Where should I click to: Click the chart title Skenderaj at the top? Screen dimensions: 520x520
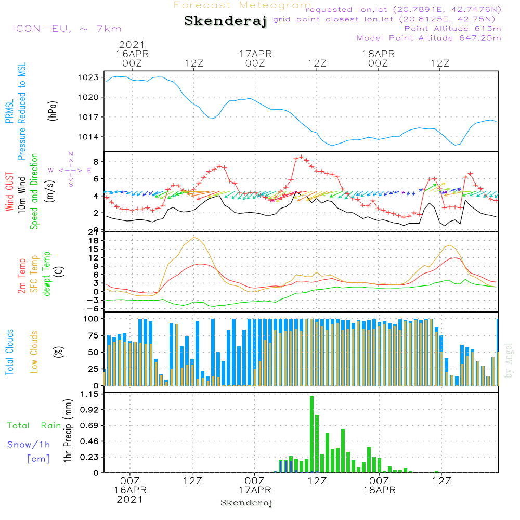(x=225, y=21)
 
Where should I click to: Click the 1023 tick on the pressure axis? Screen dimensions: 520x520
(x=88, y=77)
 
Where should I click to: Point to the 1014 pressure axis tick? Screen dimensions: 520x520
(x=88, y=137)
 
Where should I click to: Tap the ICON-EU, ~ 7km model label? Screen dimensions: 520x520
(x=67, y=28)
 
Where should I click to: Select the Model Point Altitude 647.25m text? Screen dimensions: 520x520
(x=428, y=38)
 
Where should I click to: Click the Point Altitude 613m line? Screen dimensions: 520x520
(x=452, y=28)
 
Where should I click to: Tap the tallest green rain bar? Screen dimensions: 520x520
(x=311, y=434)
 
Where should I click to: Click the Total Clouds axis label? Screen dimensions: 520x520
(x=9, y=352)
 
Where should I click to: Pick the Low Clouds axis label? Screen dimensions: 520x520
(x=34, y=352)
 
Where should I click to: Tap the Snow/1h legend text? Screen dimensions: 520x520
(x=29, y=445)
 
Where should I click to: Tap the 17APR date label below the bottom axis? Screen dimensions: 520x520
(x=255, y=490)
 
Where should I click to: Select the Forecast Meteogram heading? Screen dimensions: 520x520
(x=242, y=5)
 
